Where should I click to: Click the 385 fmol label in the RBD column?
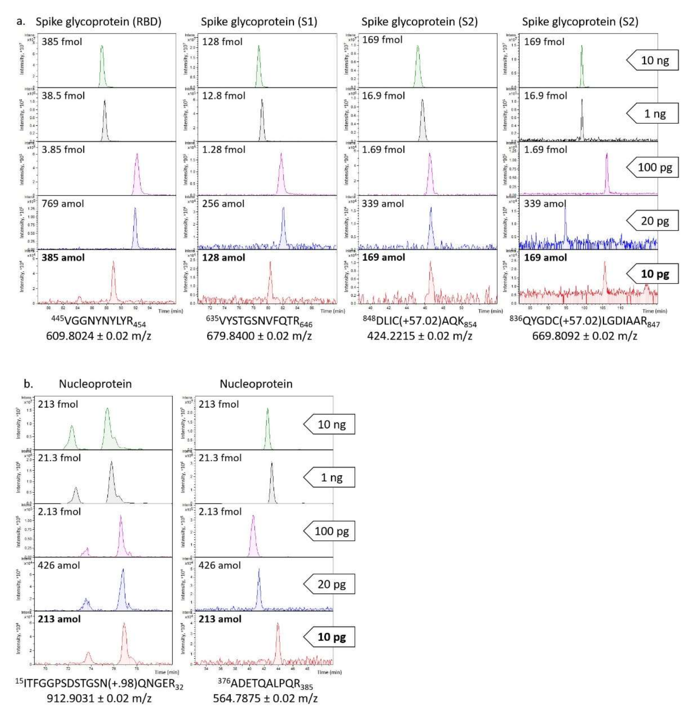coord(62,42)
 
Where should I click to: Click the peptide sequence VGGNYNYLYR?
coord(98,322)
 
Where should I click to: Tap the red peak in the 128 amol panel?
coord(270,283)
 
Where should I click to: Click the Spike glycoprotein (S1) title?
coord(259,22)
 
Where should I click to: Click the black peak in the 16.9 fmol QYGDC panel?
coord(582,117)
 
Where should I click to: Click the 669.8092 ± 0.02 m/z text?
coord(584,336)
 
